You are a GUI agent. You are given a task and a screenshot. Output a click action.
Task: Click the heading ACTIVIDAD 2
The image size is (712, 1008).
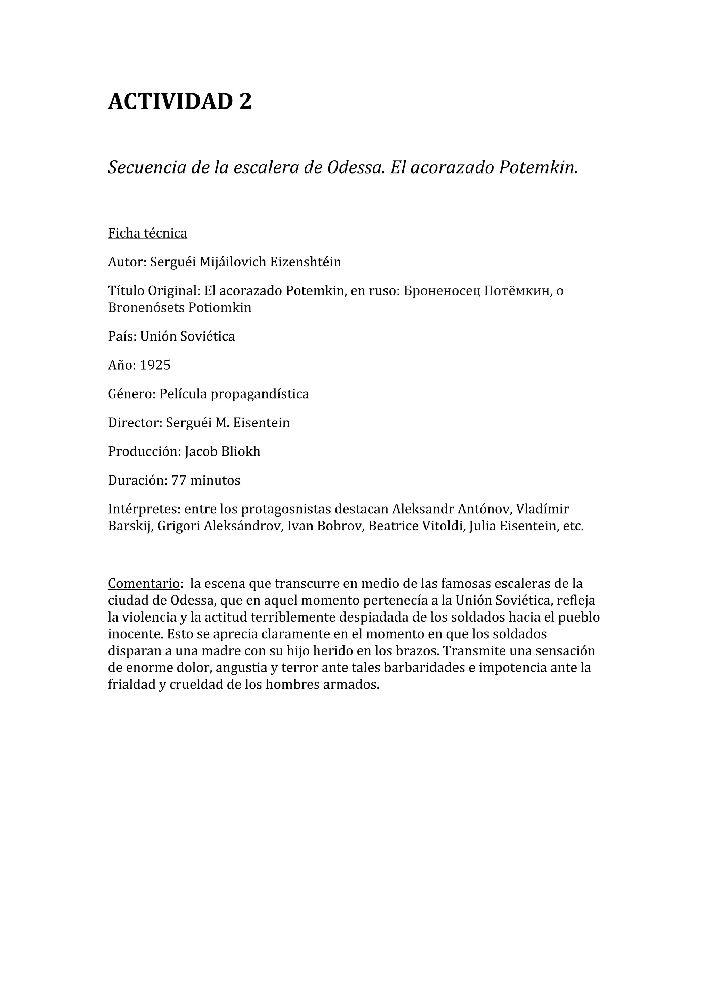tap(180, 102)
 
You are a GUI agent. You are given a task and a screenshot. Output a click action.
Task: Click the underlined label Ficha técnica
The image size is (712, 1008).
tap(147, 233)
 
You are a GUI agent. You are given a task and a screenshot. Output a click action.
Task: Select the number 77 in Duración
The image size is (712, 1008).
tap(179, 480)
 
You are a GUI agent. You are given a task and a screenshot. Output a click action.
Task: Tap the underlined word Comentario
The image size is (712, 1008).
tap(144, 584)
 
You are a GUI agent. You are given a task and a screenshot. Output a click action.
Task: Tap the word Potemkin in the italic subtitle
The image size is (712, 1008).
tap(538, 167)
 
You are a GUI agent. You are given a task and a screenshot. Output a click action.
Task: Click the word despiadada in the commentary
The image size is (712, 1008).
tap(377, 617)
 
